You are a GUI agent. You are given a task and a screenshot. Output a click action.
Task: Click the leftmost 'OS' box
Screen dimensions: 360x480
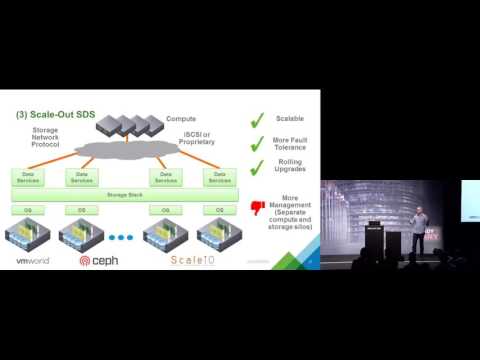[x=29, y=210]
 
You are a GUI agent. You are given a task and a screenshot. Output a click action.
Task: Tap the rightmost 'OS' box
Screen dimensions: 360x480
[x=219, y=210]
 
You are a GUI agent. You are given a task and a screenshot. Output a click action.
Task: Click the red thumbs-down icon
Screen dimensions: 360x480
[x=258, y=207]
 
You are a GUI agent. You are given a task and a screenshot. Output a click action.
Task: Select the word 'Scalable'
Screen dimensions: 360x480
[x=290, y=119]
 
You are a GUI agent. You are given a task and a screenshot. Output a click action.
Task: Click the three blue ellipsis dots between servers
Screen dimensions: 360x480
[x=120, y=239]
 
